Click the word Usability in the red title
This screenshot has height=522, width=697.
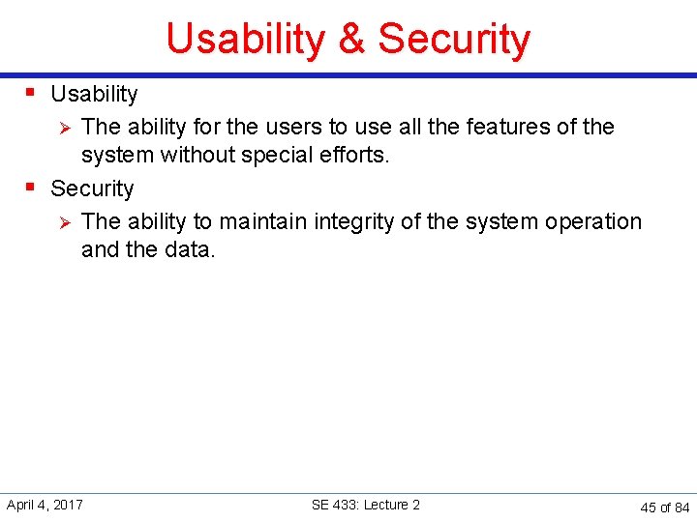(246, 40)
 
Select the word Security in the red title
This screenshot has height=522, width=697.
(454, 40)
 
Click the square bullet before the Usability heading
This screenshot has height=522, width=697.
(30, 93)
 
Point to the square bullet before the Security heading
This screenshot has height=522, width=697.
(30, 187)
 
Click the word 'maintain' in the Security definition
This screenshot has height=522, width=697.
(258, 221)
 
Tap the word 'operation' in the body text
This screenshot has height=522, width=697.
(593, 221)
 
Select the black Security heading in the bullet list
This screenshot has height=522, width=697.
(92, 188)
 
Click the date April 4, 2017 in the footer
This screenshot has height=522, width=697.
(45, 505)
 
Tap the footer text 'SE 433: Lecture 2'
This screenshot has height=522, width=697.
(366, 505)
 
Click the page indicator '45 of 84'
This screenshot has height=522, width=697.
(665, 507)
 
